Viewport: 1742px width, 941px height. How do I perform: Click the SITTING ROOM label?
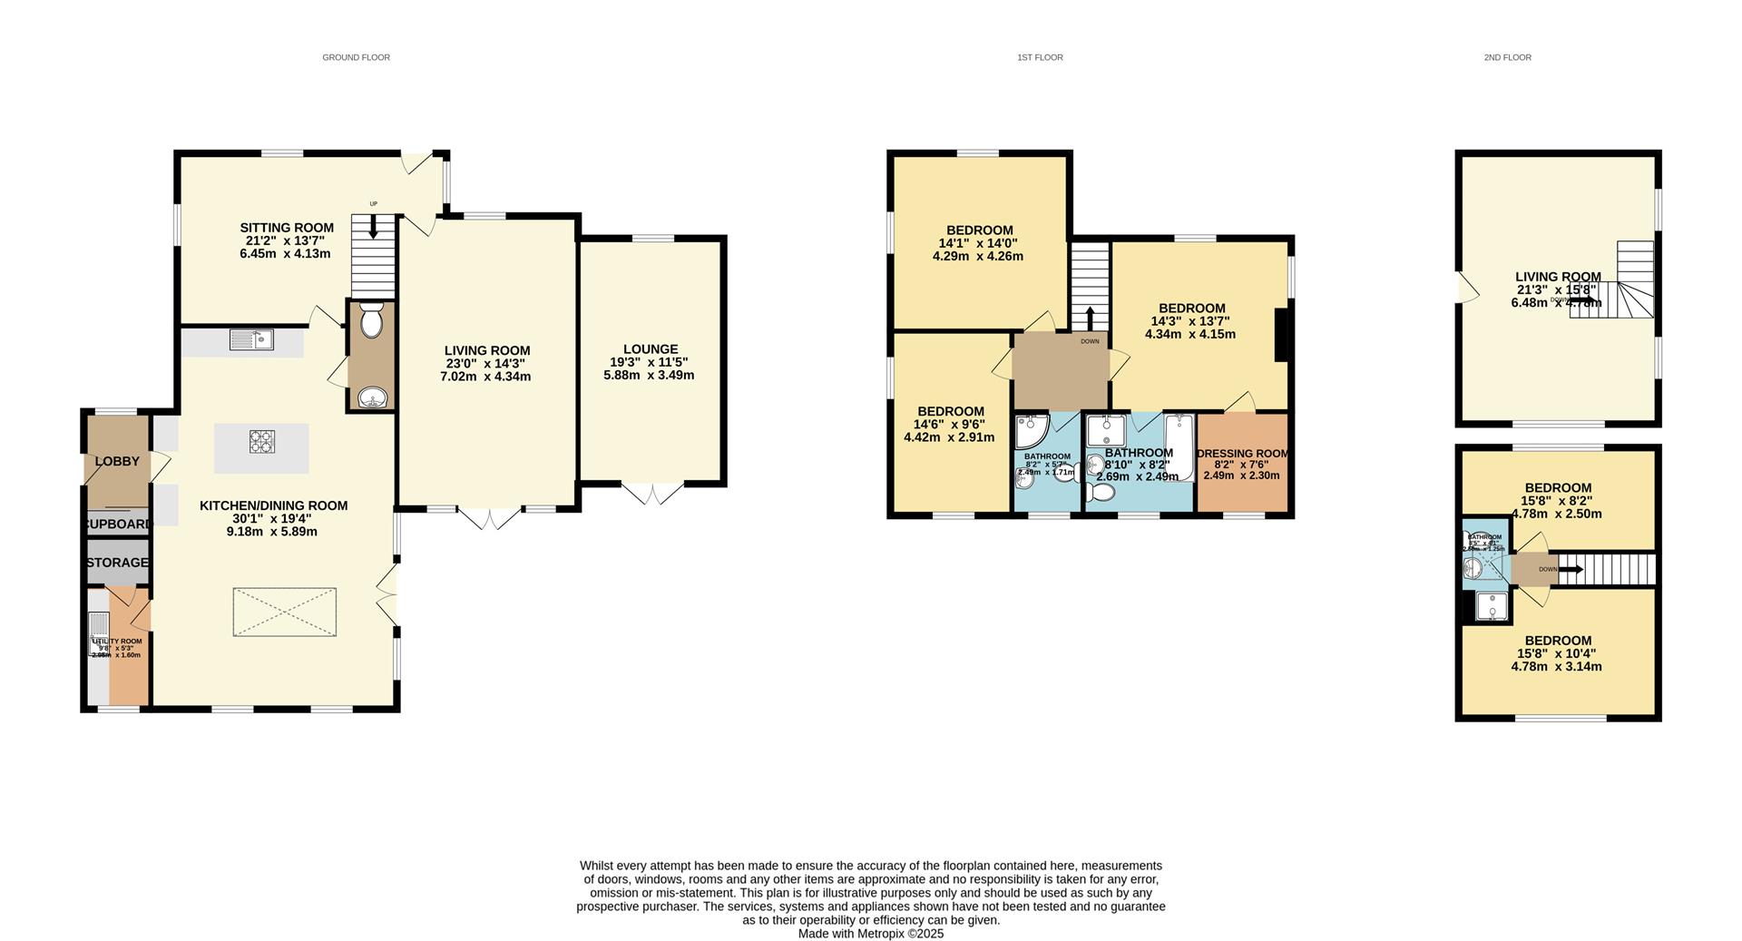pos(287,228)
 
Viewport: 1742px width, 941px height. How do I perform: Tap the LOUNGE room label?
pos(650,349)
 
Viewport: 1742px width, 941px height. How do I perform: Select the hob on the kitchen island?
pos(261,442)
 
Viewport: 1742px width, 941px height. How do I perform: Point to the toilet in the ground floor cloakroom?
pos(372,320)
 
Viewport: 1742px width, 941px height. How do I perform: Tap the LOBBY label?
pos(117,461)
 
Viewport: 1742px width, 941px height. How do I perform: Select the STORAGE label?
pos(117,563)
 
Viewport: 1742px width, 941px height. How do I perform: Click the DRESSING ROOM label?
pos(1242,454)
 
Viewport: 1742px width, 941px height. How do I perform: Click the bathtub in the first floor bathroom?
pos(1179,446)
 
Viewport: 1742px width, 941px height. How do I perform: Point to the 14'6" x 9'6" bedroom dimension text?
pos(949,424)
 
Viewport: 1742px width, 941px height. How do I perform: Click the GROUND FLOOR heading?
pos(356,57)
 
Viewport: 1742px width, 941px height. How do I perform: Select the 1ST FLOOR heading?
pos(1040,57)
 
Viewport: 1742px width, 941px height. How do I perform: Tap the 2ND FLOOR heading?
pos(1507,57)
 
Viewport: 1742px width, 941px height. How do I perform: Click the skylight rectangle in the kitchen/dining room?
pos(285,613)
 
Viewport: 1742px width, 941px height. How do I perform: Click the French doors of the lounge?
pos(652,494)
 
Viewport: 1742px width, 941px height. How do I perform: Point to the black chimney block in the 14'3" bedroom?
pos(1282,336)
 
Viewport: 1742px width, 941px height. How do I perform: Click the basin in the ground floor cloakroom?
pos(372,398)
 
